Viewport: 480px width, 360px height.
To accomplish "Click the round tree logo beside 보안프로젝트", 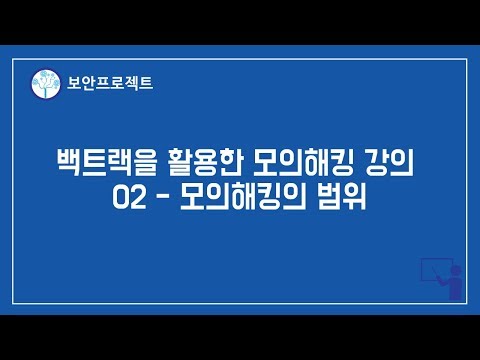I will coord(43,85).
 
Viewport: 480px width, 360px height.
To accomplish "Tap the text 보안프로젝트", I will coord(104,85).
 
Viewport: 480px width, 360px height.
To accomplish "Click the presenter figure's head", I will coord(452,270).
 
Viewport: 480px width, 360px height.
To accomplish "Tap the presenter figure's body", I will coord(453,288).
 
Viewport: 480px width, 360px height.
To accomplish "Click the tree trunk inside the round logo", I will coord(43,92).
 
